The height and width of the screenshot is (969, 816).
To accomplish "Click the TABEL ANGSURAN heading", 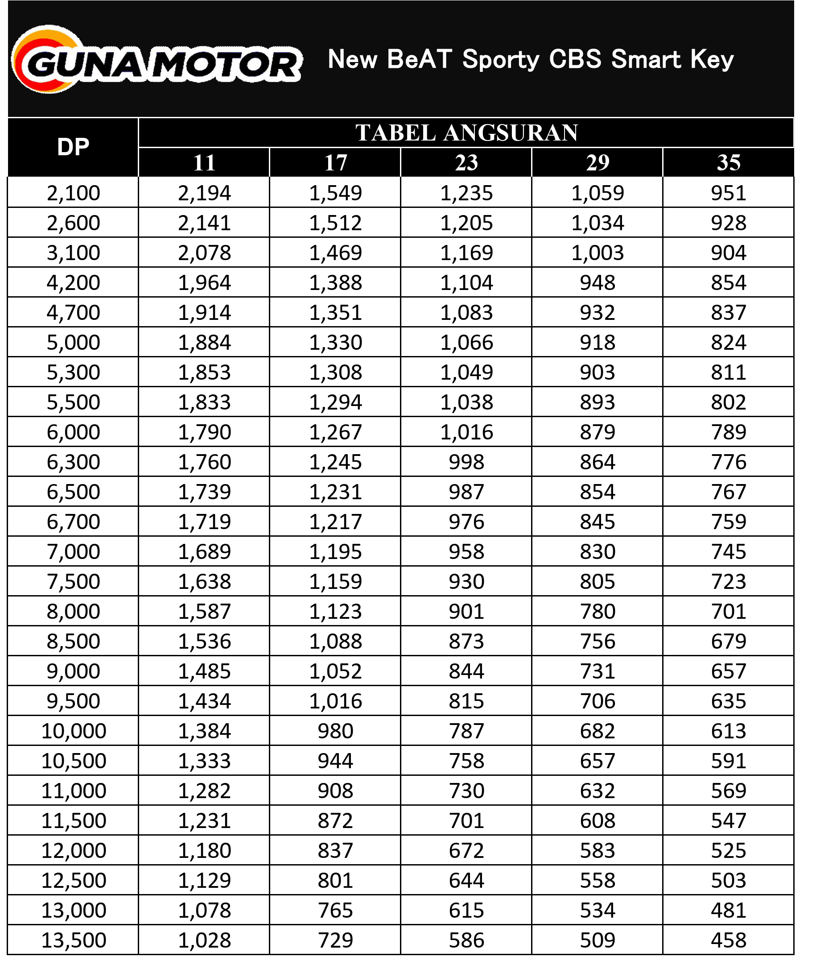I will tap(466, 133).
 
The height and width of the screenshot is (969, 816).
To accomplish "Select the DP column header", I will tap(73, 147).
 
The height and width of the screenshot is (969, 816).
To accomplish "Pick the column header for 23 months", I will tap(466, 163).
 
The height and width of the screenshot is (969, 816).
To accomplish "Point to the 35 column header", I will tap(729, 163).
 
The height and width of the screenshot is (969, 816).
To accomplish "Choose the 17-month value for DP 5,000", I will tap(335, 343).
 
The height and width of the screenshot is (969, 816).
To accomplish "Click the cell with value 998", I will tap(466, 462).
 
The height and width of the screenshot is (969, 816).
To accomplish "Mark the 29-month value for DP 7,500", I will tap(598, 582).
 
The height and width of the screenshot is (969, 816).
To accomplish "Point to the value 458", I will tap(729, 940).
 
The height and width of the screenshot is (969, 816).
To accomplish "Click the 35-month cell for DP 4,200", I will tap(729, 283).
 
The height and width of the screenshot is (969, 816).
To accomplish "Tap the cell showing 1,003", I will tap(598, 253).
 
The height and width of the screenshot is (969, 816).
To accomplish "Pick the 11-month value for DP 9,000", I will tap(205, 671).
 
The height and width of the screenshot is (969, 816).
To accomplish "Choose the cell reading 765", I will tap(335, 910).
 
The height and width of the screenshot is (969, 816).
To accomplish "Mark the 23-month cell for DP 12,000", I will tap(466, 850).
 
